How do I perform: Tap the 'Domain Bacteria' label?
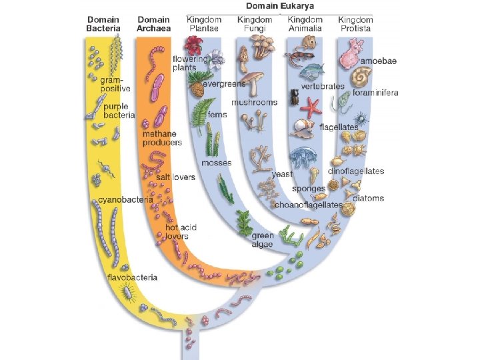pos(103,24)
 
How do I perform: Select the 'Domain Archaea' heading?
pos(153,24)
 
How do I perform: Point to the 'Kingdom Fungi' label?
pos(254,24)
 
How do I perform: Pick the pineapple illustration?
pos(197,85)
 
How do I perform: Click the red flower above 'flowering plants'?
pos(193,45)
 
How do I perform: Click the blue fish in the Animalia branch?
pos(312,71)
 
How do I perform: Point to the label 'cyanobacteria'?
pos(125,199)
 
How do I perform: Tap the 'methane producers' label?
pos(162,138)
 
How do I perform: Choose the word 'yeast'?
pos(282,174)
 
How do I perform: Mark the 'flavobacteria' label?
pos(133,277)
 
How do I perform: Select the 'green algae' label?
pos(263,240)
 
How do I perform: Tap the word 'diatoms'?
pos(369,198)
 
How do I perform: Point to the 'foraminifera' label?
pos(375,93)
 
